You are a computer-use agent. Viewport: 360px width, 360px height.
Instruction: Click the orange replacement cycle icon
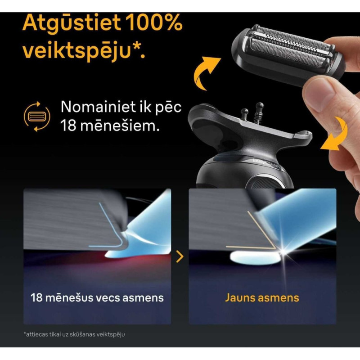coord(37,117)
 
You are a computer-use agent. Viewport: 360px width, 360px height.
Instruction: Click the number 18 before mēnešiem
coord(68,126)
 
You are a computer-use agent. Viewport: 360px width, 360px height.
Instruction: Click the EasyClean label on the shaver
coord(266,163)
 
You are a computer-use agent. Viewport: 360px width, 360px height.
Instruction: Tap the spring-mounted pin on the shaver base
coord(260,114)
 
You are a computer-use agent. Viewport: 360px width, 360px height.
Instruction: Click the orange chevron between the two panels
coord(180,256)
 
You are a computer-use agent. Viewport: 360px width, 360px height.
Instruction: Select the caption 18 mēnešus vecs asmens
coord(97,298)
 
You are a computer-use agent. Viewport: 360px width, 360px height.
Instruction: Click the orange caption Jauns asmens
coord(262,298)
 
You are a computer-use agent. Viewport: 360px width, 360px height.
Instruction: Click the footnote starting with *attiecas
coord(74,334)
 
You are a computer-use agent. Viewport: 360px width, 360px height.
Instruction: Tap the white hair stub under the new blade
coord(255,258)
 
